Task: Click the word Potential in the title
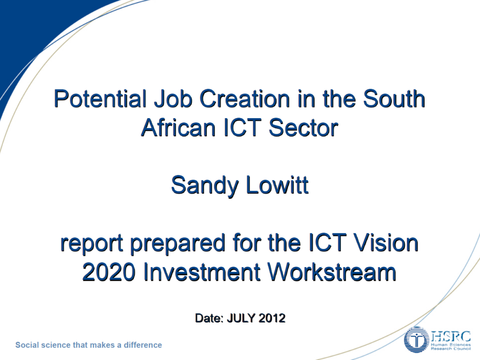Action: [x=100, y=99]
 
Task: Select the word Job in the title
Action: [x=173, y=99]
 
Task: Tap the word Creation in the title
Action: [x=245, y=99]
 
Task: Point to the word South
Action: [x=394, y=99]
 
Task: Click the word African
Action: [x=179, y=127]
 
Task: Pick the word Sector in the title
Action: [x=303, y=127]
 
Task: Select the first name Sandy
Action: [x=204, y=186]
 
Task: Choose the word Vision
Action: [x=386, y=242]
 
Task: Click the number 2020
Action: [x=109, y=271]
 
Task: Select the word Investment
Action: [x=202, y=271]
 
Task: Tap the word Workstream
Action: [x=332, y=271]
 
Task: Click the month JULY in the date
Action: [x=241, y=318]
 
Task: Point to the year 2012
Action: [x=272, y=318]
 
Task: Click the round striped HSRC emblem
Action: [x=416, y=340]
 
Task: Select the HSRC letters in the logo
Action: [x=451, y=337]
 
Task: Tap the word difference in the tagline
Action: [x=142, y=345]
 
